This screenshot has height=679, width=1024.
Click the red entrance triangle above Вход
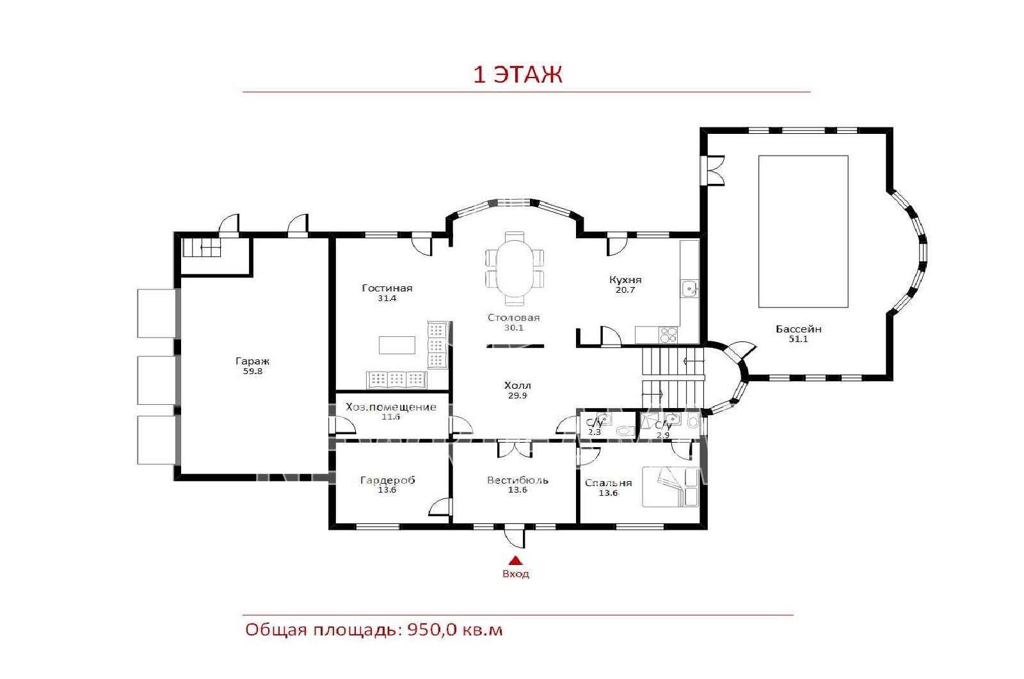click(x=516, y=560)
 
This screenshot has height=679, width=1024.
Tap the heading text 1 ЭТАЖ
click(x=518, y=74)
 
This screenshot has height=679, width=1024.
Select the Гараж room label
click(x=252, y=361)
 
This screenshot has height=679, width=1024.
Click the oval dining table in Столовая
click(x=515, y=268)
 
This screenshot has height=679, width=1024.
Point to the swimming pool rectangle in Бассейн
click(x=803, y=231)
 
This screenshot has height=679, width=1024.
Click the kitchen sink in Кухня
click(x=689, y=289)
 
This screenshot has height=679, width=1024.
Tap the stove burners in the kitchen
click(x=668, y=335)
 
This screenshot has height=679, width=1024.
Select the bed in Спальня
click(x=670, y=487)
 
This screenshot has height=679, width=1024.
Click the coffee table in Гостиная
click(x=397, y=345)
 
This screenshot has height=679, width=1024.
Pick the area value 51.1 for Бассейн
click(x=798, y=339)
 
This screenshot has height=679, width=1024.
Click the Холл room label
click(x=518, y=385)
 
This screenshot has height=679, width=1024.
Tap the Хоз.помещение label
click(x=391, y=407)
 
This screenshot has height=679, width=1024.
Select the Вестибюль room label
click(x=518, y=480)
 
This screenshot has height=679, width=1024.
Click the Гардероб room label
click(x=388, y=480)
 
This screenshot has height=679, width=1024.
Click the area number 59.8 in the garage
click(x=252, y=371)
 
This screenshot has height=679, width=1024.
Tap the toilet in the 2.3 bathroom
click(x=625, y=430)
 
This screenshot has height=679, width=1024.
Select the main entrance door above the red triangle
click(x=515, y=537)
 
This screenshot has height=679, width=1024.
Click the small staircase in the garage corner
click(x=202, y=247)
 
